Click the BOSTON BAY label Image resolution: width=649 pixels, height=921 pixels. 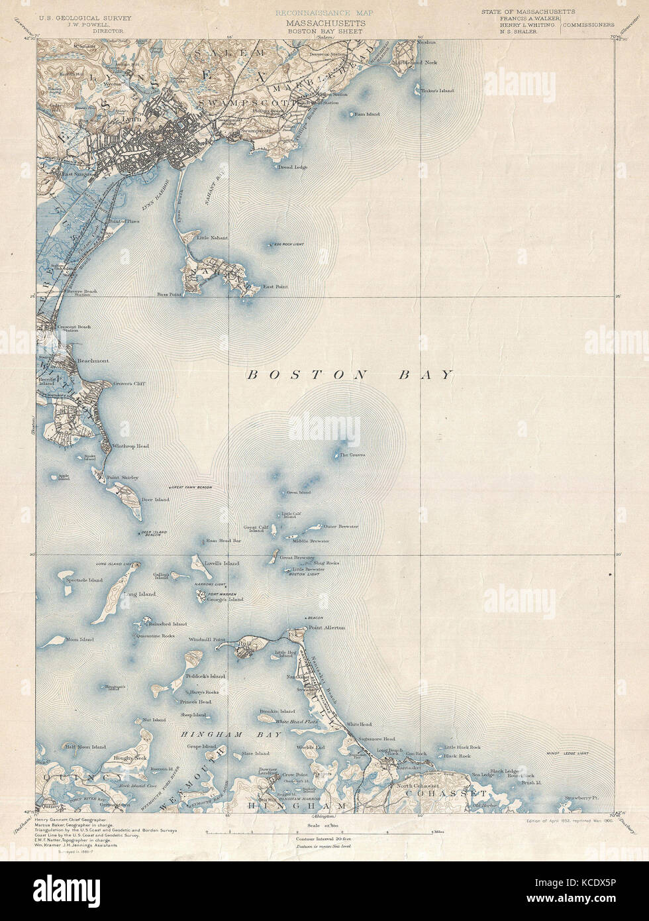[350, 375]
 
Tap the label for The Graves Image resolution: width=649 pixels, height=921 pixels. [352, 455]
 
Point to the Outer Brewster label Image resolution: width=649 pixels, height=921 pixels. [340, 527]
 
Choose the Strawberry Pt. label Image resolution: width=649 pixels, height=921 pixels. [581, 798]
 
